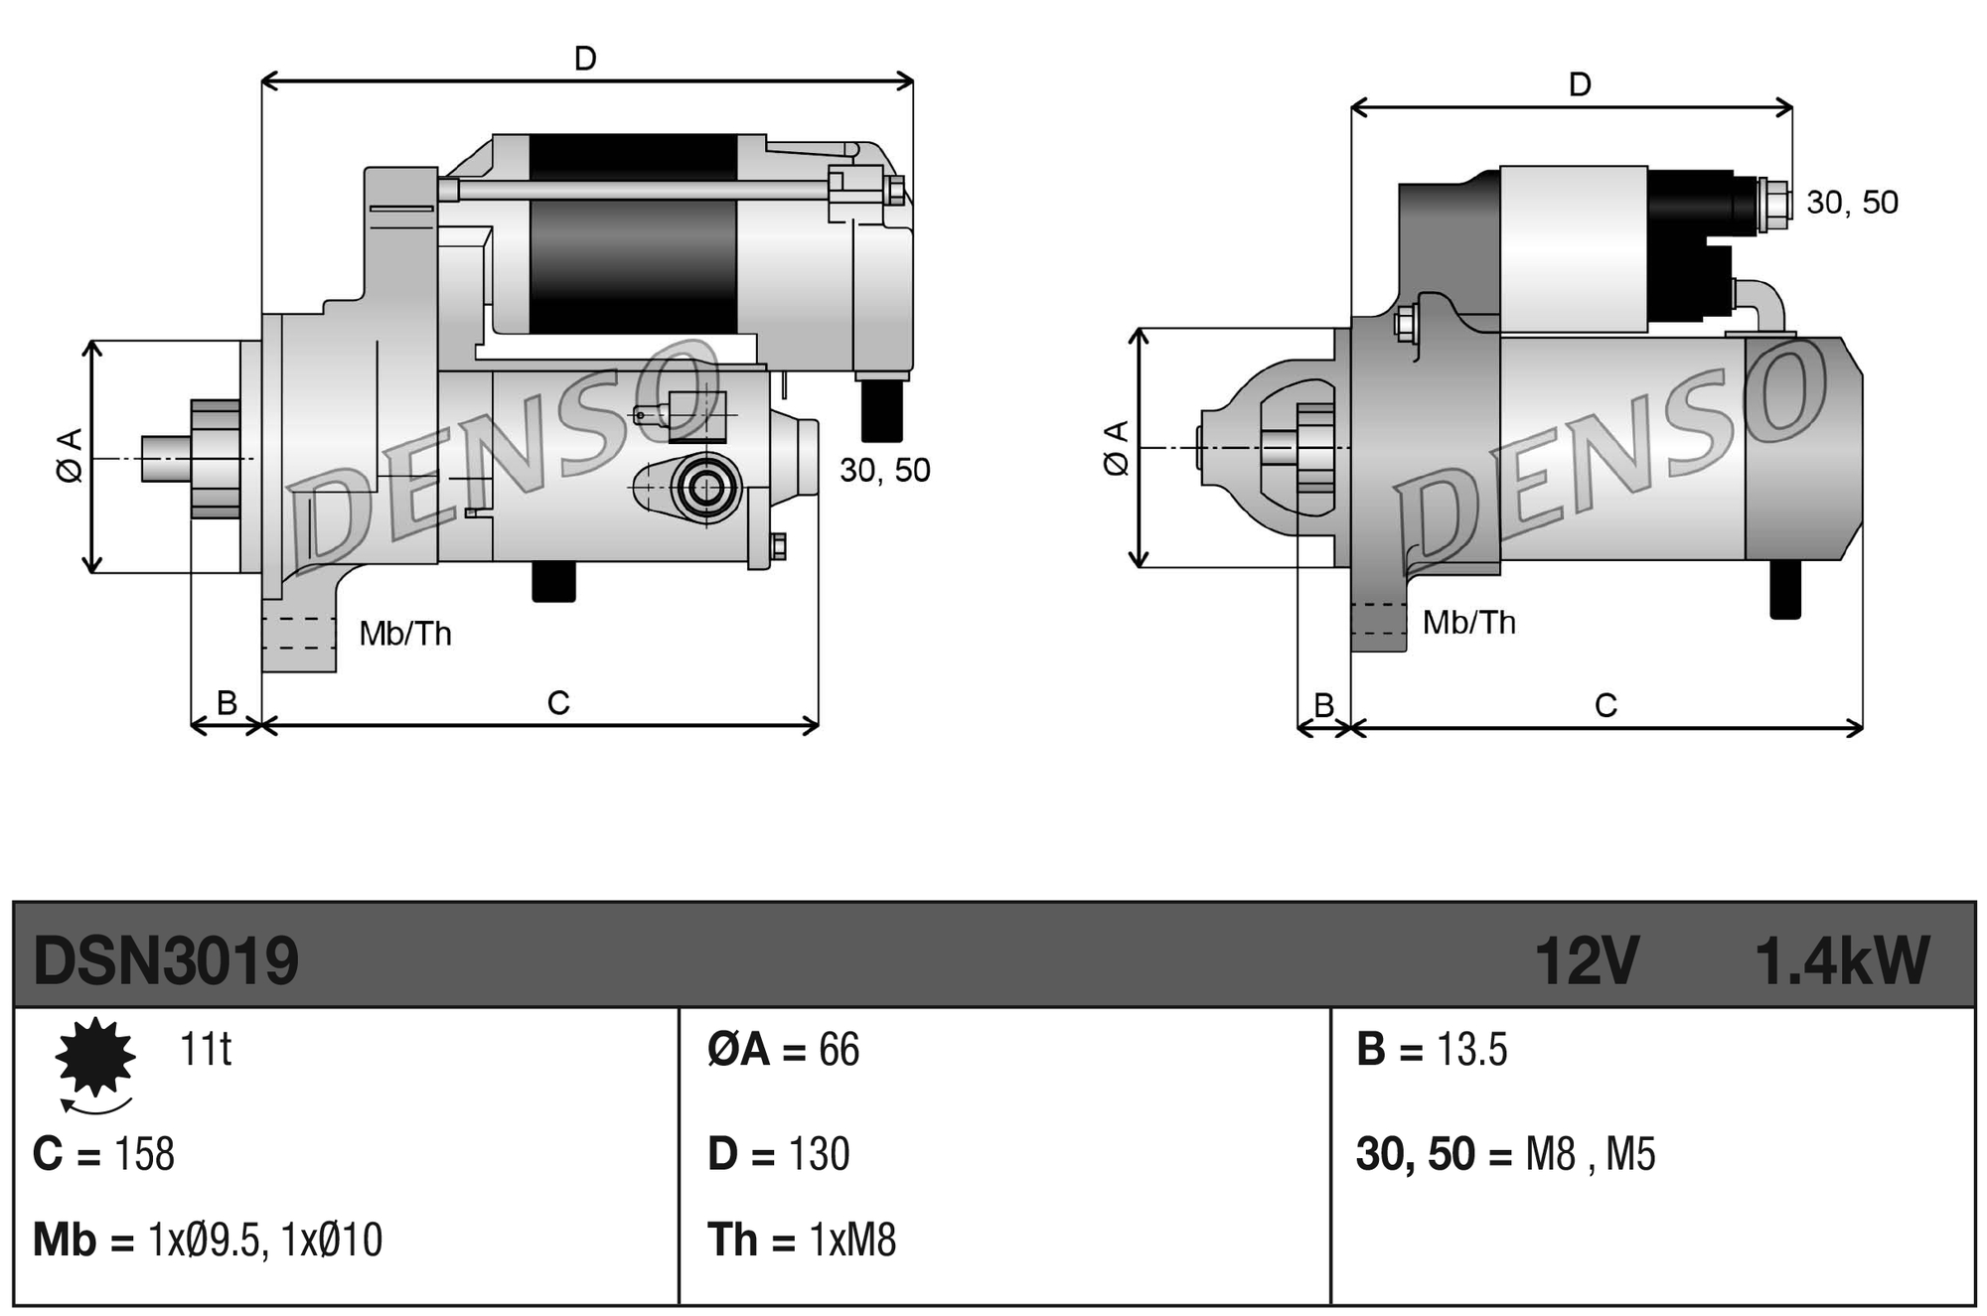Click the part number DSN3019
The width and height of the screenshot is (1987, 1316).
click(x=165, y=960)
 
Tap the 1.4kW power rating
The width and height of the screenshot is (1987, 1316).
click(x=1841, y=960)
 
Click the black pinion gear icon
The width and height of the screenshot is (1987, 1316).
click(x=95, y=1057)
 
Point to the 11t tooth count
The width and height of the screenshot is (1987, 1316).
click(x=206, y=1049)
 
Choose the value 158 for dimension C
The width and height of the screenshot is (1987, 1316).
click(x=145, y=1154)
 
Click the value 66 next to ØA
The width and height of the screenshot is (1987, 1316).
click(x=839, y=1050)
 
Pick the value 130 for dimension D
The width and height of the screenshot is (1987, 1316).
click(x=819, y=1154)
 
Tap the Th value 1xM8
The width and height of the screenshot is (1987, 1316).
click(x=852, y=1241)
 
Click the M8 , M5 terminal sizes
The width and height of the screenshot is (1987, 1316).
click(x=1590, y=1154)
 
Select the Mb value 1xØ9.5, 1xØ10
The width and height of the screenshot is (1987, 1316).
click(x=264, y=1241)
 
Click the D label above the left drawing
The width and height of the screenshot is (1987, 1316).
click(x=585, y=59)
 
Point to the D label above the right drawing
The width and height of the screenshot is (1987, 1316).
click(x=1580, y=84)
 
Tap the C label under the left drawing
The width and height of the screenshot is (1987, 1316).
click(x=558, y=703)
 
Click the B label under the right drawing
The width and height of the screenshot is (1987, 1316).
click(x=1323, y=704)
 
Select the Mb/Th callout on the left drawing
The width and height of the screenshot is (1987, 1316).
click(x=405, y=634)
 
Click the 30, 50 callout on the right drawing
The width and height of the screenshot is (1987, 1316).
click(x=1852, y=203)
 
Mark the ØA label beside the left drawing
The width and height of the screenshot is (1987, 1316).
click(x=69, y=457)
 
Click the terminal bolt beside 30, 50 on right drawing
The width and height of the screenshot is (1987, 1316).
click(x=1773, y=205)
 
